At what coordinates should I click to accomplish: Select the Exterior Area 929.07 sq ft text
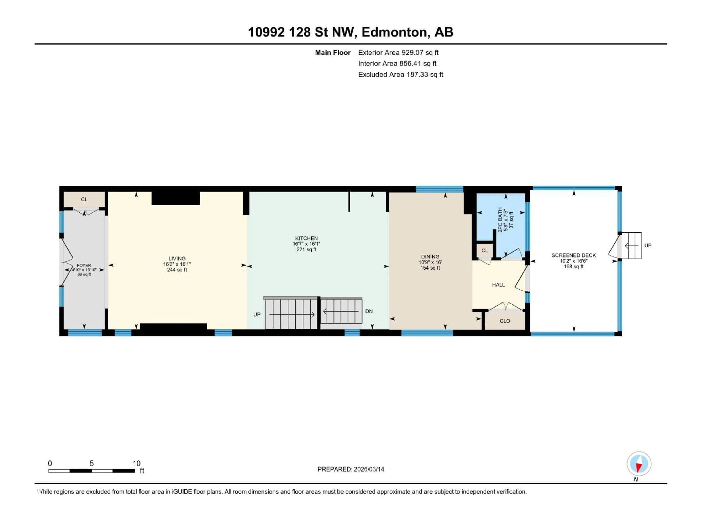398,53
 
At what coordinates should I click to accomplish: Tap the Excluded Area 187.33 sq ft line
401,75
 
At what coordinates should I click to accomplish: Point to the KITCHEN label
306,238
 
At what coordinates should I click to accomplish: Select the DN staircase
341,312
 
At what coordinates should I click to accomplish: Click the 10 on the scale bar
136,464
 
